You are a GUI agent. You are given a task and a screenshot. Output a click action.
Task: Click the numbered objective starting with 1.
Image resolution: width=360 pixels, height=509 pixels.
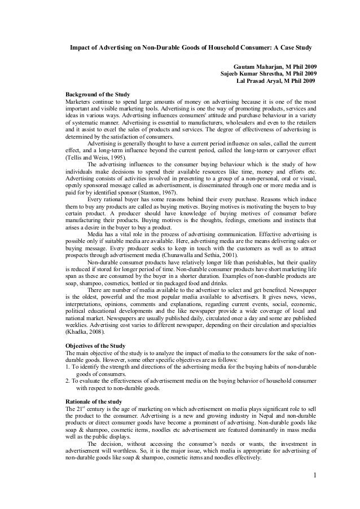pyautogui.click(x=191, y=367)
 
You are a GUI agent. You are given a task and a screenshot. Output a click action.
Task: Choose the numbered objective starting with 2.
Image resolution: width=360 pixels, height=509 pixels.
pyautogui.click(x=191, y=382)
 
